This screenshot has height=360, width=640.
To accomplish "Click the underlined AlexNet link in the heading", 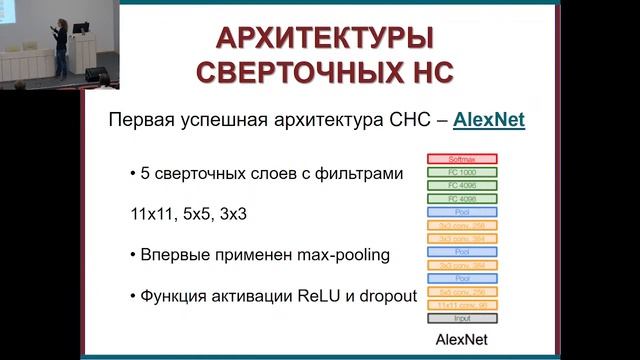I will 489,121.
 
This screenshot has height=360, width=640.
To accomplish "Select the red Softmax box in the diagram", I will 462,159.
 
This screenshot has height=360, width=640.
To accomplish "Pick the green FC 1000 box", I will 462,172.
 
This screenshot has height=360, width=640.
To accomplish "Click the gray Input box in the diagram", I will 462,318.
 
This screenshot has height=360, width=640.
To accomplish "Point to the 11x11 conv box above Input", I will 462,304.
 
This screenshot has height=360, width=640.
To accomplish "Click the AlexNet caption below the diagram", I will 462,340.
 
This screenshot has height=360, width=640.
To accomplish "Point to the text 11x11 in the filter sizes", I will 148,214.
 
